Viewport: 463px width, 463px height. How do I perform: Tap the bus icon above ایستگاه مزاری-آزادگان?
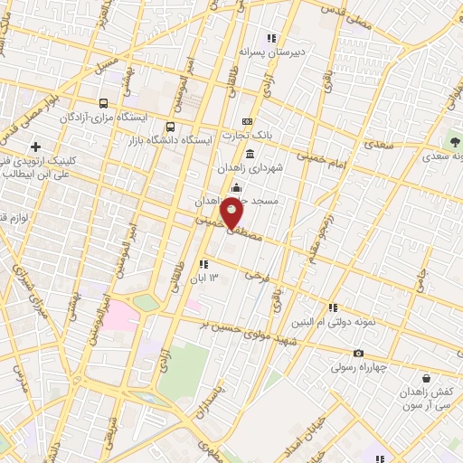coord(104,104)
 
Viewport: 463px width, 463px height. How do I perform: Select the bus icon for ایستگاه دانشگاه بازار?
coord(171,127)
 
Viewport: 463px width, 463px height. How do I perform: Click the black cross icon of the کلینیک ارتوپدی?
coord(35,146)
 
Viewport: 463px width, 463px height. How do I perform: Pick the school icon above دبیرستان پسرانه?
coord(269,38)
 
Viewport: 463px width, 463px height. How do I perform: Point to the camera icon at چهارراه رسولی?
coord(359,354)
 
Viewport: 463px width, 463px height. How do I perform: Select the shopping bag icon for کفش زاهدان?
coord(426,377)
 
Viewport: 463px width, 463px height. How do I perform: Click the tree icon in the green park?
coord(453,141)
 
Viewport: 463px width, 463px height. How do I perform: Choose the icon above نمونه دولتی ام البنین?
coord(332,307)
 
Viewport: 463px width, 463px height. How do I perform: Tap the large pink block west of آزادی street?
coord(118,317)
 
